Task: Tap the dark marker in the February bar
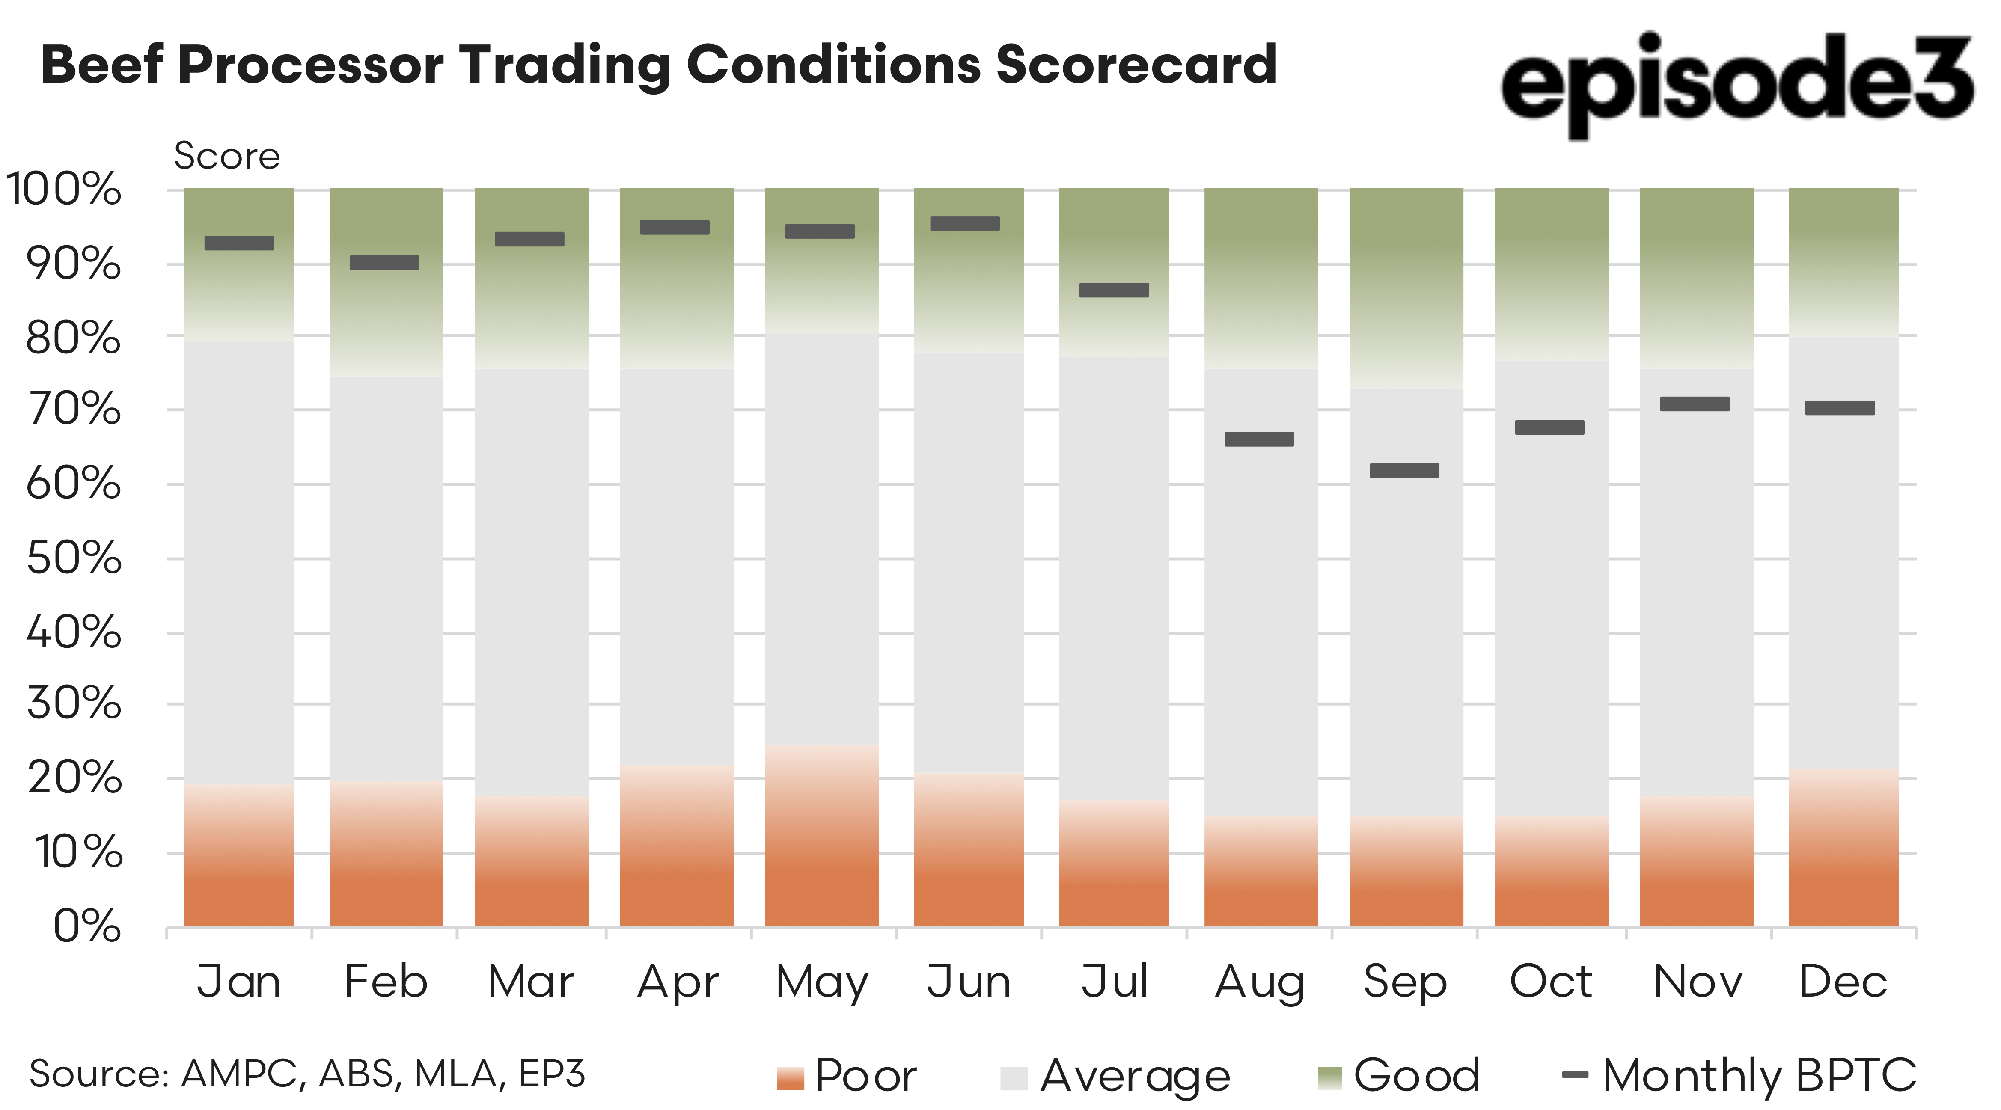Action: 384,263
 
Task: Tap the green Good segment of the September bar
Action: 1406,288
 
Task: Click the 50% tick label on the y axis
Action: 74,558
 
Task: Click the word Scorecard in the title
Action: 1136,65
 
